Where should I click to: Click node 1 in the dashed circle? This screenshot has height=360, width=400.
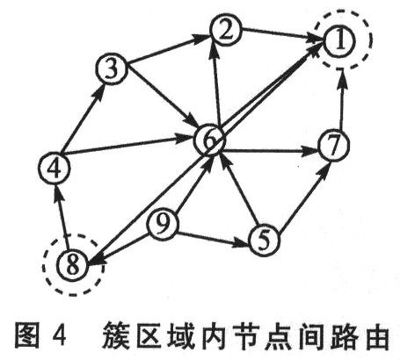click(x=339, y=41)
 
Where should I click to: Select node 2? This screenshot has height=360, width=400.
click(x=226, y=30)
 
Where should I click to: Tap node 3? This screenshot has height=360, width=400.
click(x=112, y=69)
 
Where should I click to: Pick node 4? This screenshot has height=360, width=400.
click(x=55, y=168)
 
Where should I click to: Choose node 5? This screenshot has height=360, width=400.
click(x=264, y=241)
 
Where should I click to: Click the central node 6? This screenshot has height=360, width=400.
click(x=209, y=140)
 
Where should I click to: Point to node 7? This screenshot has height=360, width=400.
click(x=334, y=146)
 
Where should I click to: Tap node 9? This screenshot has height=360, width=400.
click(x=163, y=225)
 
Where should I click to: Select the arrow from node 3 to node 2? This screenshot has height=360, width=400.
click(x=169, y=49)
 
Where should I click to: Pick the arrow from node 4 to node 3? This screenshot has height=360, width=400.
click(x=84, y=119)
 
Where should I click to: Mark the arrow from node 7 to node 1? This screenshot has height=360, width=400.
click(x=341, y=100)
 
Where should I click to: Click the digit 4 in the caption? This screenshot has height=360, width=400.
click(x=60, y=335)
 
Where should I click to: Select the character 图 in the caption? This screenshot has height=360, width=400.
click(x=27, y=335)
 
